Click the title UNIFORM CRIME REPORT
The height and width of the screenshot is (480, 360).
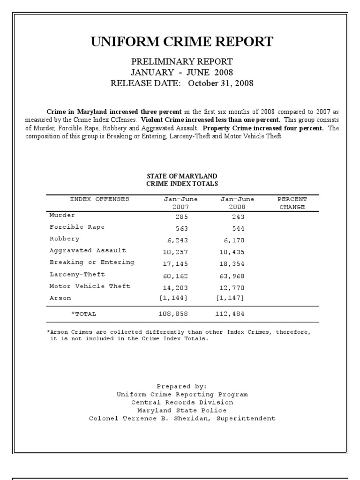182,42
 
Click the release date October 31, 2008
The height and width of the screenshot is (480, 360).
221,83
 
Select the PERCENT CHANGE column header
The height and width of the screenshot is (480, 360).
292,203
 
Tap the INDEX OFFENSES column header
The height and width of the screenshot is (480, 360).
99,199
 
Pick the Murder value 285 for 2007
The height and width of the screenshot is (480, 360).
181,217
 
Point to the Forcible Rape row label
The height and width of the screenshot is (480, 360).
77,227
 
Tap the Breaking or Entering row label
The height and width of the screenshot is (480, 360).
92,262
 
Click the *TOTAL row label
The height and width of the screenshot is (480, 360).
83,314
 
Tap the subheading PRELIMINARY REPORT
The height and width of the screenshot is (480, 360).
182,61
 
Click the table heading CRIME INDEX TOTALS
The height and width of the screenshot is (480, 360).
182,184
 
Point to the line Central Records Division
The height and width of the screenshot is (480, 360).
182,402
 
